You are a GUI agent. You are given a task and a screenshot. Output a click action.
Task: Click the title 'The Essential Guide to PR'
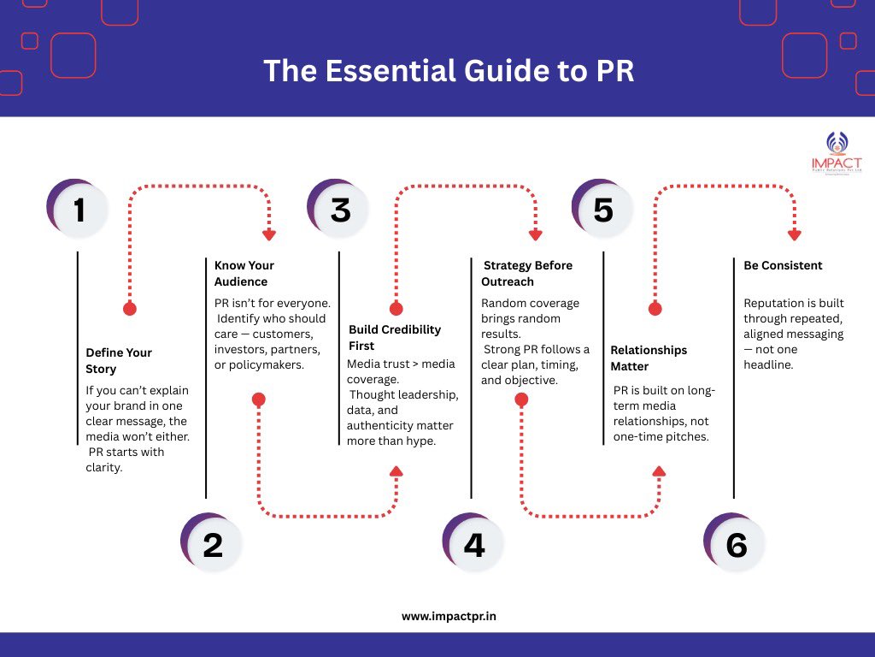tap(449, 70)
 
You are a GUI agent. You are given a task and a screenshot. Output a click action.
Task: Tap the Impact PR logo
tap(836, 154)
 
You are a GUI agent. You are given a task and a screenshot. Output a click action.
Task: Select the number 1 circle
tap(79, 210)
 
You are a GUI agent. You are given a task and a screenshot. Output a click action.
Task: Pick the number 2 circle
tap(212, 544)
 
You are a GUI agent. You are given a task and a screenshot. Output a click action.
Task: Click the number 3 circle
tap(340, 210)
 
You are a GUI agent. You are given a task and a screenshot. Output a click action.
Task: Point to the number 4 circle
tap(474, 544)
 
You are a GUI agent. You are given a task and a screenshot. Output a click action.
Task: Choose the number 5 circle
tap(602, 210)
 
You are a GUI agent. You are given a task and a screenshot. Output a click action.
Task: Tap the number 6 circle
tap(736, 544)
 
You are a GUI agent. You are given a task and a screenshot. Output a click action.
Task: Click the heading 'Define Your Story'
tap(118, 360)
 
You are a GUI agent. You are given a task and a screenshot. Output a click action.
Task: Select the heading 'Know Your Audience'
tap(244, 273)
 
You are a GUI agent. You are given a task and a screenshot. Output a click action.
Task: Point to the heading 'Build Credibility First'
tap(395, 337)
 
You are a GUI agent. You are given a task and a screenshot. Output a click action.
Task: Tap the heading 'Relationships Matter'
tap(649, 358)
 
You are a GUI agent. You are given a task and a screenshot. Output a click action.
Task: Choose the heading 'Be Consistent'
tap(783, 265)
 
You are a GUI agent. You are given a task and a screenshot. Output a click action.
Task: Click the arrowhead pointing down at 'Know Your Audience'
tap(269, 234)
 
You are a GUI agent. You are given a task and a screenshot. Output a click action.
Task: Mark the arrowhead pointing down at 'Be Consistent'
tap(795, 234)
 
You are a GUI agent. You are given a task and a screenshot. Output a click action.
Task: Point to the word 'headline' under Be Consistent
tap(770, 364)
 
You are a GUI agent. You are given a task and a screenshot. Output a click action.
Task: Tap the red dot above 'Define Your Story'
tap(130, 309)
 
